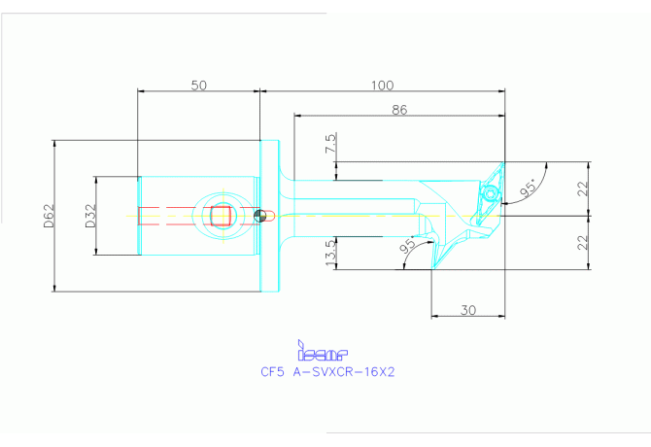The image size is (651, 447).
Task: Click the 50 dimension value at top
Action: (x=198, y=86)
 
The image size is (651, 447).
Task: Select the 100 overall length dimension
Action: (x=382, y=86)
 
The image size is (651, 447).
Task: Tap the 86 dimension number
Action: (x=398, y=109)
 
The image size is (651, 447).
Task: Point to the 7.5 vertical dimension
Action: (x=330, y=144)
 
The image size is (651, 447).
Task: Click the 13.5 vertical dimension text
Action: (x=330, y=255)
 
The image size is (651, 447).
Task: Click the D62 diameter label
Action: (x=49, y=215)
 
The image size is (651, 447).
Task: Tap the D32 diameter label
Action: (x=89, y=216)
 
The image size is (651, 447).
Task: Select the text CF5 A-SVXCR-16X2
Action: (x=325, y=370)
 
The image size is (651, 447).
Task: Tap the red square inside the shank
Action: (x=221, y=216)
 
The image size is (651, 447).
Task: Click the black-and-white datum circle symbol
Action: (x=259, y=216)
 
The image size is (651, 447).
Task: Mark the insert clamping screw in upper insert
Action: (x=492, y=195)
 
